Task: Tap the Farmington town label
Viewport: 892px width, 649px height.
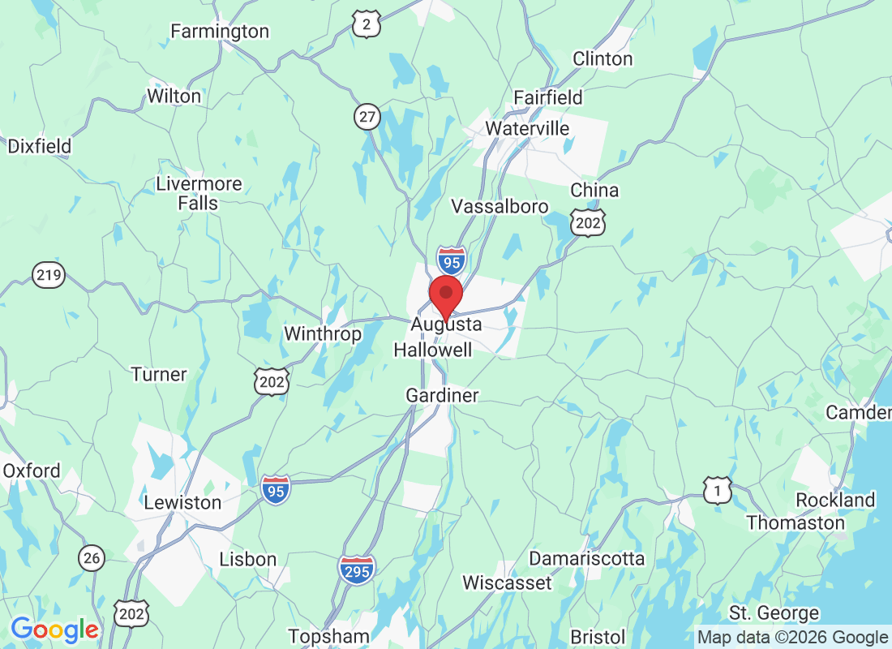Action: tap(219, 32)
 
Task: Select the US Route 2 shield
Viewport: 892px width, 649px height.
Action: tap(367, 25)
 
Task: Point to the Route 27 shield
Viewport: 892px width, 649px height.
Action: tap(367, 117)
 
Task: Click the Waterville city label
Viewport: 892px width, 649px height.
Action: tap(527, 129)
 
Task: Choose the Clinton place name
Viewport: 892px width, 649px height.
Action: tap(603, 58)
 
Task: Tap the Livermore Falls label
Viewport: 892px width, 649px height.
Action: tap(199, 193)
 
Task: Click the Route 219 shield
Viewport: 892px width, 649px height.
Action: tap(49, 276)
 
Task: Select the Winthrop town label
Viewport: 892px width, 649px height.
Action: tap(322, 333)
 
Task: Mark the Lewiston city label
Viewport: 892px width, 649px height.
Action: tap(182, 502)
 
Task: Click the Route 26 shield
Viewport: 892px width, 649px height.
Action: tap(92, 557)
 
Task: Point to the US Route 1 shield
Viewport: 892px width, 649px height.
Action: tap(717, 490)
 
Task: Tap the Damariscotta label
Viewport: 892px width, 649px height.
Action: tap(586, 559)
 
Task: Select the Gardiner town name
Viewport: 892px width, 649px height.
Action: tap(442, 396)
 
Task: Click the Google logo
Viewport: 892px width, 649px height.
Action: tap(54, 630)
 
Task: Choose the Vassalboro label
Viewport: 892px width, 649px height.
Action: tap(500, 206)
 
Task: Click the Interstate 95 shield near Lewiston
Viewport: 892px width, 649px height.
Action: tap(276, 490)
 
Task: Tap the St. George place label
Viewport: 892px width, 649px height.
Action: tap(774, 612)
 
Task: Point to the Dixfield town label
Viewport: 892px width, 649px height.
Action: tap(39, 147)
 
